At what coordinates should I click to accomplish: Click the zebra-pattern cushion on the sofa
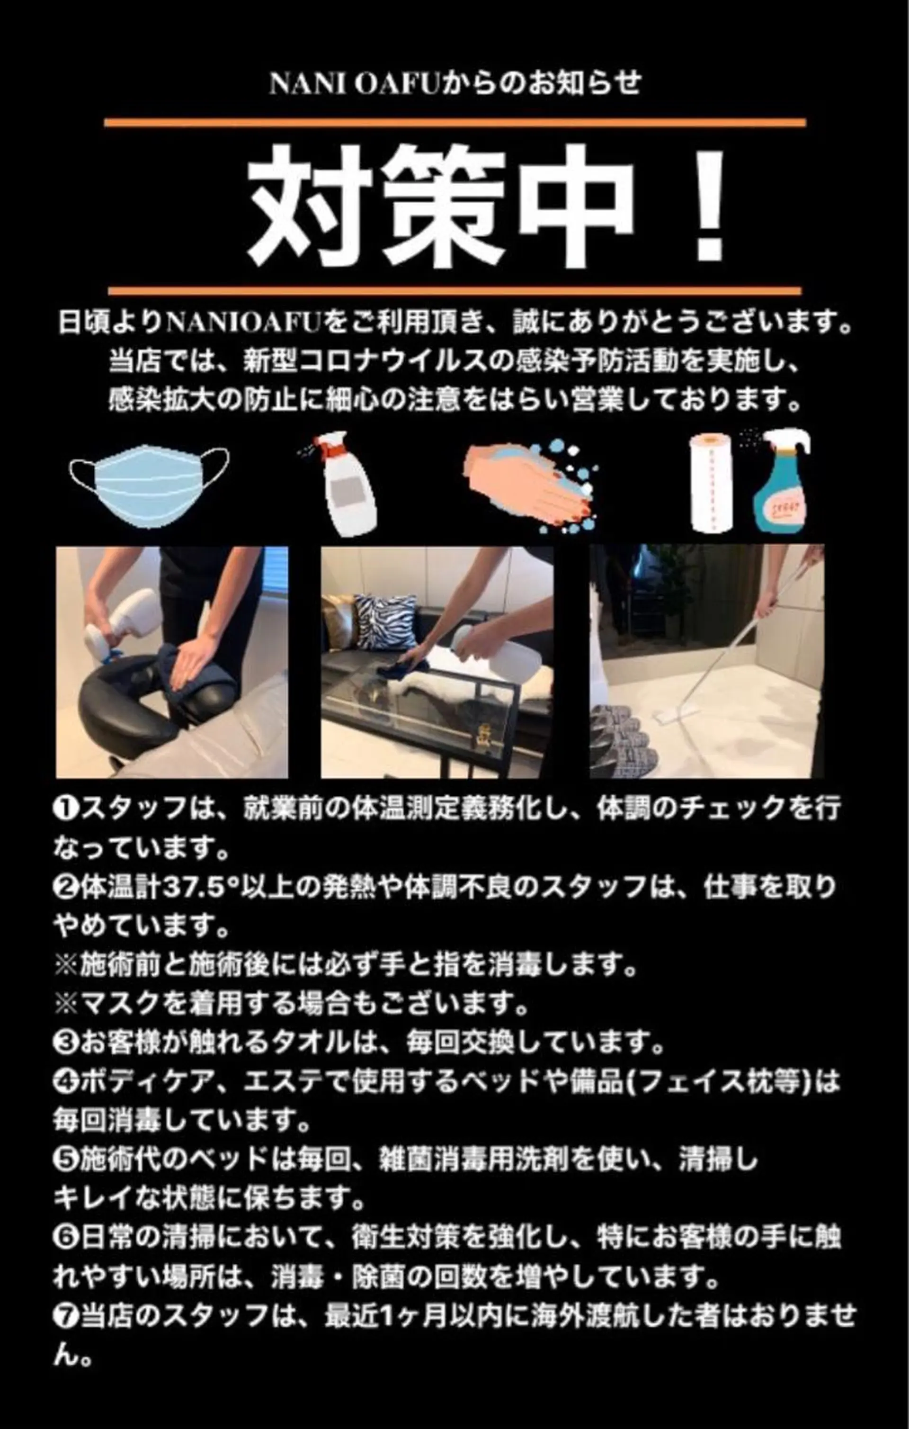(384, 622)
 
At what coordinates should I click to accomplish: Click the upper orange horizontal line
(454, 123)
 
